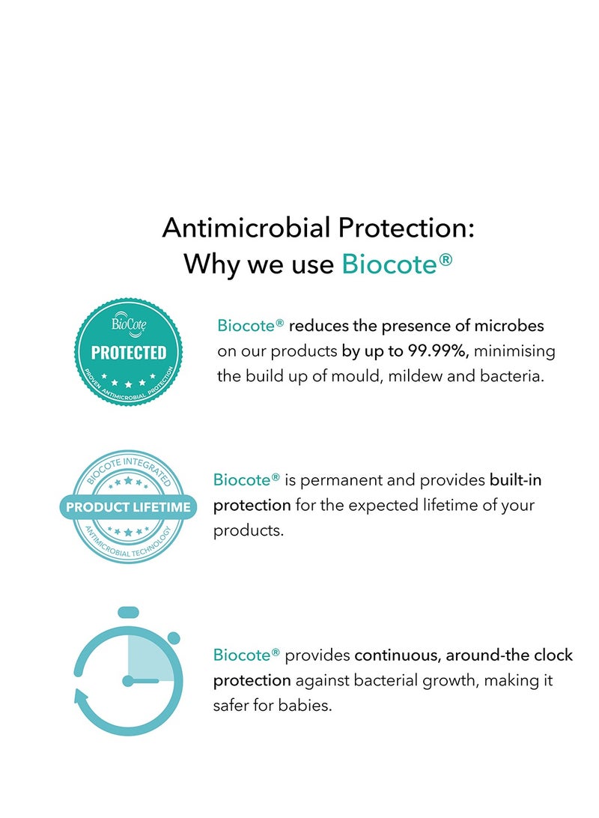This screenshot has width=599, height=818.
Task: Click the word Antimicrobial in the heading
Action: (246, 228)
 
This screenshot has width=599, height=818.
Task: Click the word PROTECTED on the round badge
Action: (129, 353)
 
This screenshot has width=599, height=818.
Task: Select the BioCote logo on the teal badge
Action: (129, 325)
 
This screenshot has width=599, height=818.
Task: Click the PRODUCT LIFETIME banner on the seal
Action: (128, 507)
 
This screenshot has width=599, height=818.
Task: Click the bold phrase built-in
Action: (516, 480)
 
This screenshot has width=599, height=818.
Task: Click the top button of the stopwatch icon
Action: (128, 613)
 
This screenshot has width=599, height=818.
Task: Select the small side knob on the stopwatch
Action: (174, 637)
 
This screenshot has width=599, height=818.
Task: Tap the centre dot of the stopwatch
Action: (128, 681)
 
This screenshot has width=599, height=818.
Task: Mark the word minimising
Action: (514, 351)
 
